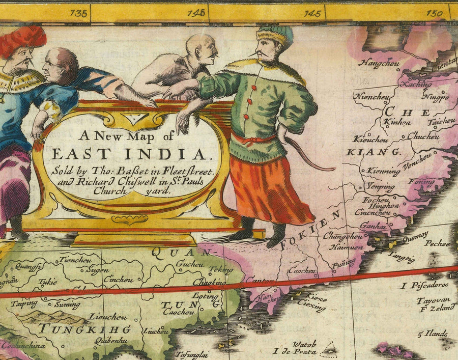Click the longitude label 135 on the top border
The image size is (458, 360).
click(79, 13)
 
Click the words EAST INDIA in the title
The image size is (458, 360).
click(129, 154)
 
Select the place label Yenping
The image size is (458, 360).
click(381, 186)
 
